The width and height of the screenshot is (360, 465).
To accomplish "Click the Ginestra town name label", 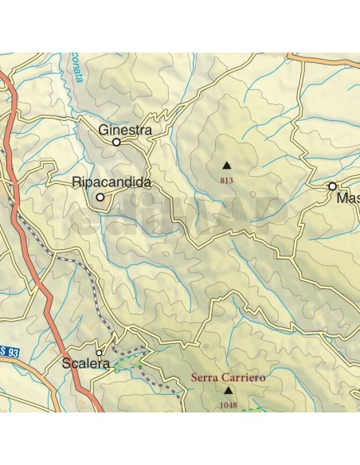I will (x=125, y=129).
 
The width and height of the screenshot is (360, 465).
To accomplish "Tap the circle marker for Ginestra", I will (x=116, y=143).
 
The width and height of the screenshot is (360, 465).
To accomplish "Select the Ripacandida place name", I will (x=112, y=182).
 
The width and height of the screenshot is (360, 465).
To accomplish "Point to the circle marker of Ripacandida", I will (x=100, y=197).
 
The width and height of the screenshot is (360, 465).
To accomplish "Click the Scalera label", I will (x=85, y=364).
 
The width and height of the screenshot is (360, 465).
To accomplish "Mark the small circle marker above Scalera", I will (x=100, y=352).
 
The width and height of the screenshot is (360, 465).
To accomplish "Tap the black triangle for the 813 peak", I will (x=226, y=166).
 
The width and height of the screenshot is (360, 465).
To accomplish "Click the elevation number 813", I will (x=226, y=181).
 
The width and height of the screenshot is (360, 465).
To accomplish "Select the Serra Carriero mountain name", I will (x=229, y=377).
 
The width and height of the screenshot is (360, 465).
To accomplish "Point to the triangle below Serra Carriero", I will (x=229, y=391).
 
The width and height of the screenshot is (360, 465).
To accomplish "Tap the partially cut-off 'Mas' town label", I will (x=347, y=197).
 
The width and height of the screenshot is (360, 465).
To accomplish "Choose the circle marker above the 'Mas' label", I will (x=333, y=186).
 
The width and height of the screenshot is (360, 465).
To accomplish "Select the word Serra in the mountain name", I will (x=205, y=377).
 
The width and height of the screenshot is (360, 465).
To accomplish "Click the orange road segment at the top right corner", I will (x=327, y=58).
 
